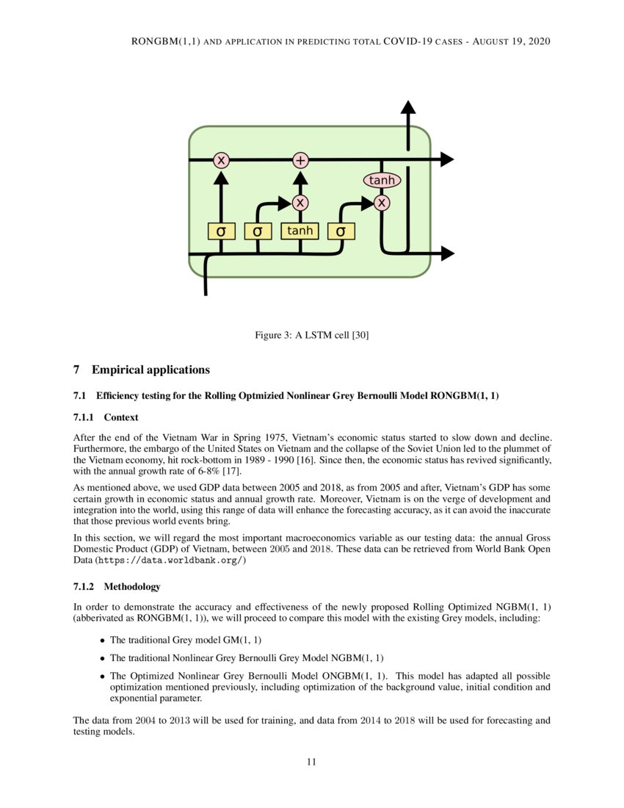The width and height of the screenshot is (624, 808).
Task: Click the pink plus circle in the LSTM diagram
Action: coord(300,160)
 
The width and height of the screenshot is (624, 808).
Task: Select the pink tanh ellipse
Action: coord(382,180)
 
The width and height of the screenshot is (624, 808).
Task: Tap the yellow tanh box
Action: coord(300,231)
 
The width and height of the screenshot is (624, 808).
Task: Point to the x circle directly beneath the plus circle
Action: coord(300,202)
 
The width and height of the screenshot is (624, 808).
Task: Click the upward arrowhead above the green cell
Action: coord(408,107)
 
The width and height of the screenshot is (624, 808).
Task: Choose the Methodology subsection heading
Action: coord(131,586)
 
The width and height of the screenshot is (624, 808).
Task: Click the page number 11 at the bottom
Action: coord(311,762)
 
